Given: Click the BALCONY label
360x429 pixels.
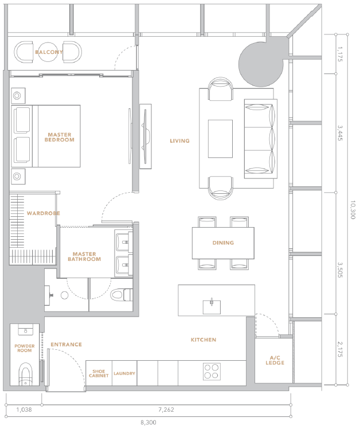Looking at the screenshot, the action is tap(49, 52).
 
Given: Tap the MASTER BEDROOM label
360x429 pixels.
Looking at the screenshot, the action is tap(60, 137).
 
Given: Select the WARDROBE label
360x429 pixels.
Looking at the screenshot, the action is tap(44, 213).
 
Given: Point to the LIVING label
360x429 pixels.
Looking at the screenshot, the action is tap(180, 141).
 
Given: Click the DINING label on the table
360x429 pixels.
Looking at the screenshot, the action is tap(223, 243).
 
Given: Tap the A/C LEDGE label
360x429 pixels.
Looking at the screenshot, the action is tap(275, 360).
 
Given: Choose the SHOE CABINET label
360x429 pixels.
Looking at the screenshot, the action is tap(99, 373).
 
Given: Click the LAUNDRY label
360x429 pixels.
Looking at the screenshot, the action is tap(124, 373).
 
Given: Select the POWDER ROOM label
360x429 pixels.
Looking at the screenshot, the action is tap(25, 348).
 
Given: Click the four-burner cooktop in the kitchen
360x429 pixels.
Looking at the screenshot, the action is tap(212, 371).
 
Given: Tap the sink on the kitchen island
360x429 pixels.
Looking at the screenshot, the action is tap(212, 307).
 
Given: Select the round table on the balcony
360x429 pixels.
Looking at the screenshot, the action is tap(48, 52).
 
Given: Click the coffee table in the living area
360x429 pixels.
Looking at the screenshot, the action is tap(220, 139).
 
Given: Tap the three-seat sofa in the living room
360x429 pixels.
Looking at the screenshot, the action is tap(260, 139).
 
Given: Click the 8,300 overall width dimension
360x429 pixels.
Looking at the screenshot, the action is tap(148, 423).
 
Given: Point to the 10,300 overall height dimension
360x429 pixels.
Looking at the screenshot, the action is tap(353, 210).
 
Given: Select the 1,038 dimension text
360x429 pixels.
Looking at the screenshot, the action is tap(24, 409).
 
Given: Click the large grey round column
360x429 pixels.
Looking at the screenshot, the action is tap(261, 64).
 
